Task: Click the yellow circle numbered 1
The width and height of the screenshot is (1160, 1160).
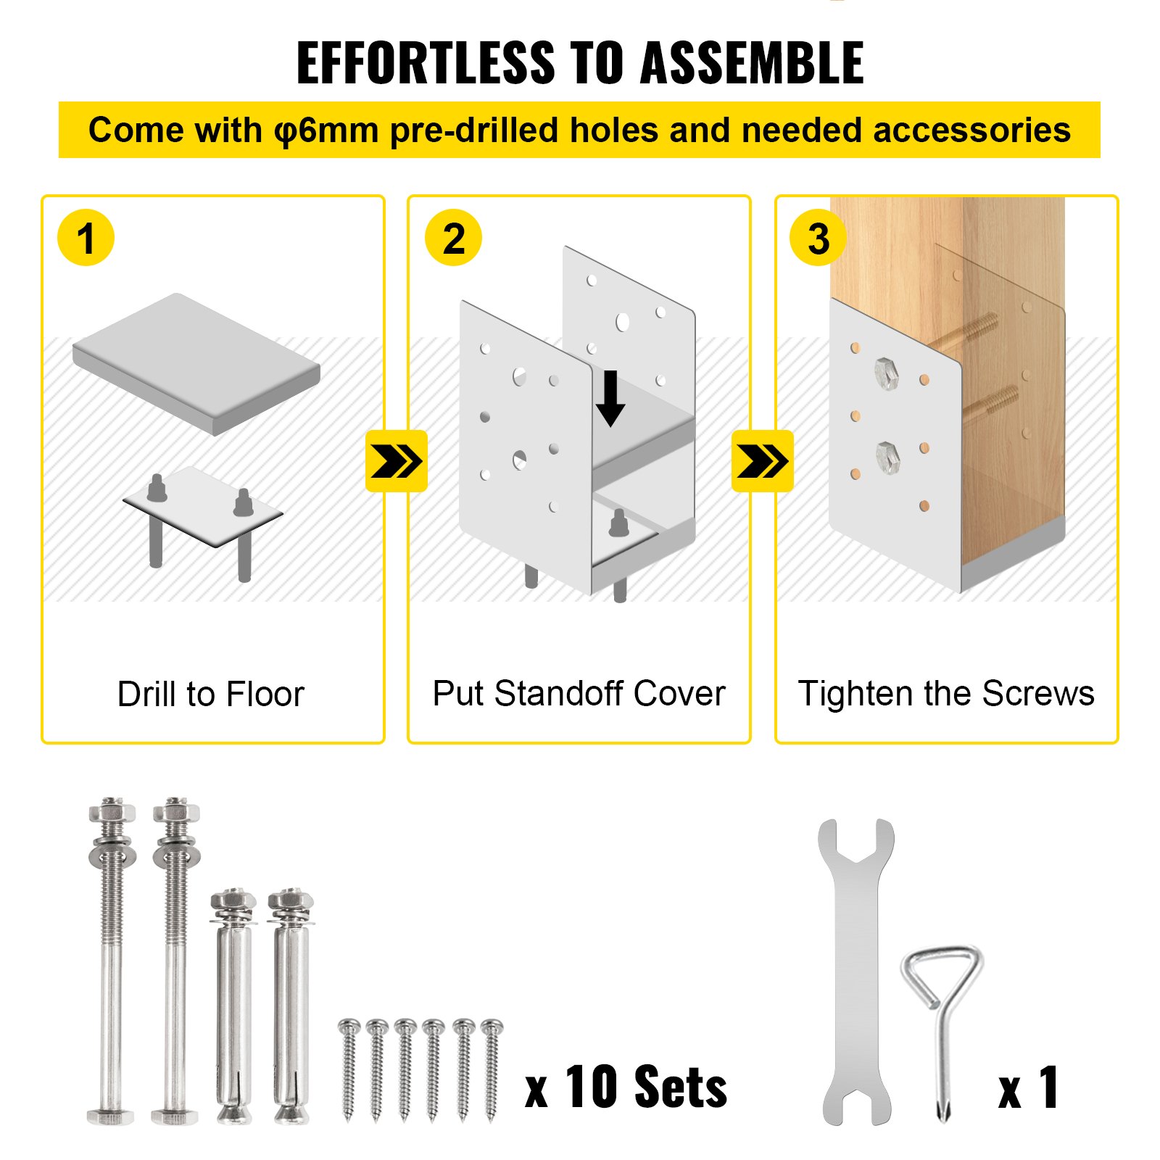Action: pos(86,238)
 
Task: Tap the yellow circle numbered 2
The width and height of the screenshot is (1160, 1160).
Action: pos(453,238)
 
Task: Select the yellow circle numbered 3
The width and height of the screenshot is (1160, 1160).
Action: pos(818,238)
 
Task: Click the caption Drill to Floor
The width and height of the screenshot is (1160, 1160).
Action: pos(210,694)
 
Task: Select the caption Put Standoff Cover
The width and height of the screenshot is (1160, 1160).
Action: pos(579,693)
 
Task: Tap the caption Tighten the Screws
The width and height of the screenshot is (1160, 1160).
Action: pos(945,693)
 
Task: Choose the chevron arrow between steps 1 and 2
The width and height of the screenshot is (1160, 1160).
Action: pos(396,461)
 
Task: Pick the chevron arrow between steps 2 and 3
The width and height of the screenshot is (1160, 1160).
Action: pos(762,461)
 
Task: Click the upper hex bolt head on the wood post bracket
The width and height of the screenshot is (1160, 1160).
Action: pos(887,373)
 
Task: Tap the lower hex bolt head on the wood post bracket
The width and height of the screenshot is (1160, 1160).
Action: pos(887,457)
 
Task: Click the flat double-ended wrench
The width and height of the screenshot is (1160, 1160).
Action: pos(856,971)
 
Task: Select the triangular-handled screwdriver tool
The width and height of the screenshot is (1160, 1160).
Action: pos(942,1015)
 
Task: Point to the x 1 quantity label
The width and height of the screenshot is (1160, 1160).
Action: pos(1028,1087)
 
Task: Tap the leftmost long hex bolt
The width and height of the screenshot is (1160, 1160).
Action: pos(111,964)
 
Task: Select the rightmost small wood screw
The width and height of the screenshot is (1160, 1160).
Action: pos(492,1069)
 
